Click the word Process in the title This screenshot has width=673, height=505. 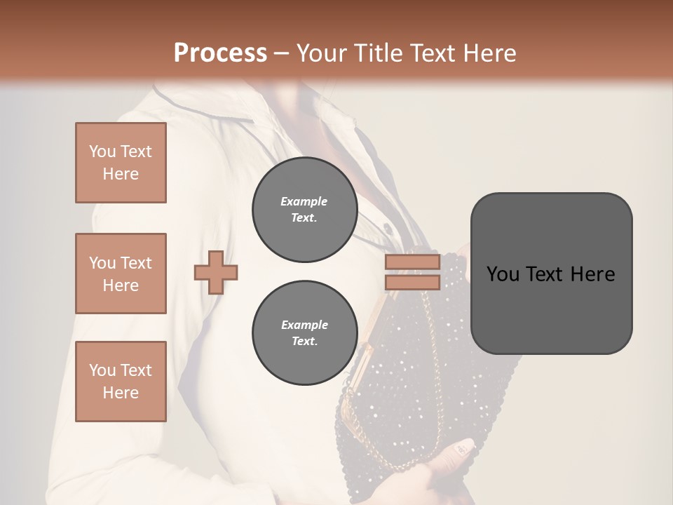220,53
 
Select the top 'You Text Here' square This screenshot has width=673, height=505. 121,163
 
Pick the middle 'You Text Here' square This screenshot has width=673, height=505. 121,274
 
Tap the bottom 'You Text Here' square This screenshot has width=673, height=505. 121,381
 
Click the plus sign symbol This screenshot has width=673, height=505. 216,272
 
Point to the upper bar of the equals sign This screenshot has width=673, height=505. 412,262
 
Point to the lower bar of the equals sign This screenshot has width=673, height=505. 412,282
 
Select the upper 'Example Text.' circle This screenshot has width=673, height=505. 304,210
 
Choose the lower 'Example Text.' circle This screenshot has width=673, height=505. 304,333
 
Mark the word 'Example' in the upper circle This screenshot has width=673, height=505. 304,201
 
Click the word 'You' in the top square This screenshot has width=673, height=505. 102,151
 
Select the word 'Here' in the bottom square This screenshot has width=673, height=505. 121,393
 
